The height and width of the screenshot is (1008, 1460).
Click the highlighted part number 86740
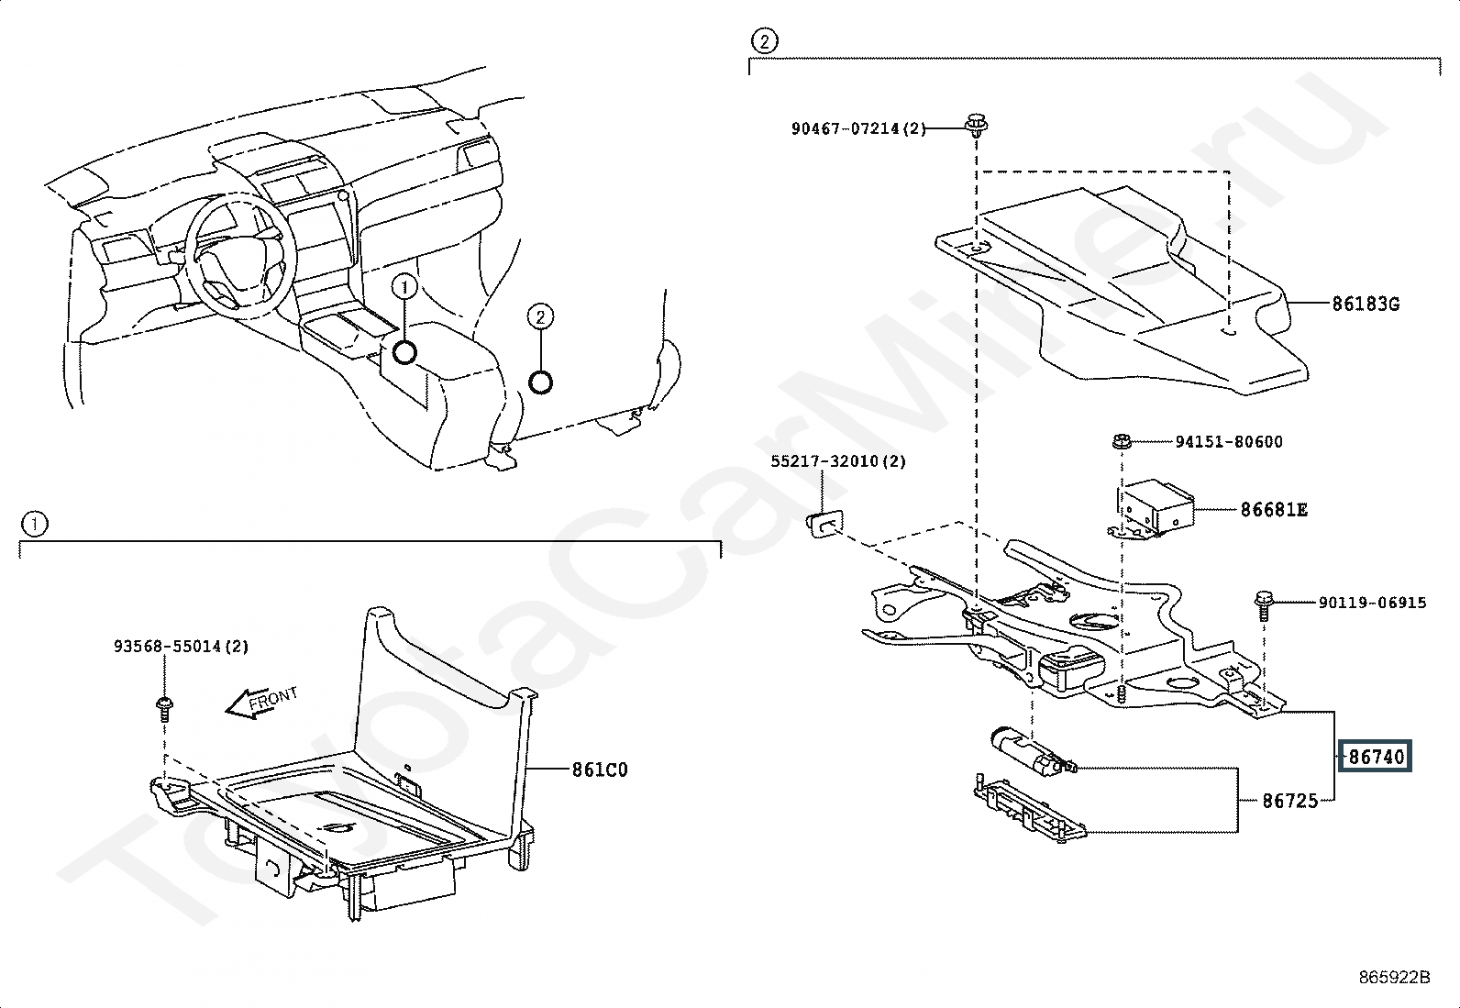point(1376,757)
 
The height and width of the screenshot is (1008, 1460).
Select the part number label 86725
point(1290,801)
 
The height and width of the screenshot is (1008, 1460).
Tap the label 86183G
point(1366,304)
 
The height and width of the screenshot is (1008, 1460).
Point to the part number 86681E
point(1274,509)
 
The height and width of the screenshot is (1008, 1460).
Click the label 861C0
point(600,770)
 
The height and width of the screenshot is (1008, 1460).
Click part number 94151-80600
point(1229,442)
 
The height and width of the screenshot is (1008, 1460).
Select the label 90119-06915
point(1372,603)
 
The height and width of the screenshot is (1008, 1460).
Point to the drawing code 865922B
point(1394,977)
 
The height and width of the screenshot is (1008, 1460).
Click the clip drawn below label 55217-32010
point(825,524)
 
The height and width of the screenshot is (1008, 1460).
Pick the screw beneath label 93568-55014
point(165,706)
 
